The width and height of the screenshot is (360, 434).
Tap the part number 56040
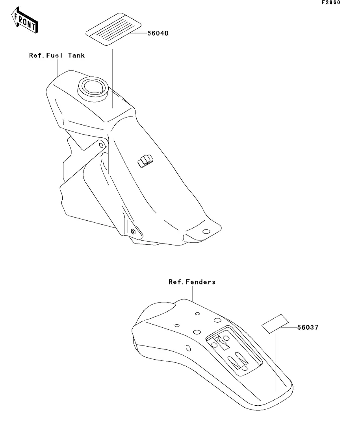point(158,33)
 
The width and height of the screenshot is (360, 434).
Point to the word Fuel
point(56,55)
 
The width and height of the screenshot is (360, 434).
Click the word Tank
point(76,55)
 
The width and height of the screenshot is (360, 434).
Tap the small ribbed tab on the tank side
point(144,160)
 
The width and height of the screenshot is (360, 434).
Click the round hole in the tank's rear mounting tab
point(205,231)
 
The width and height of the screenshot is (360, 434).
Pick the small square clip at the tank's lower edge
point(134,231)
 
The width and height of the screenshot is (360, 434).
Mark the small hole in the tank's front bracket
point(102,145)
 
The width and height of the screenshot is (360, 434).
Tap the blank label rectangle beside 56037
point(275,324)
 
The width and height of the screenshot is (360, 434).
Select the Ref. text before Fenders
point(176,282)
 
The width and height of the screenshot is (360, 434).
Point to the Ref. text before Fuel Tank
point(37,55)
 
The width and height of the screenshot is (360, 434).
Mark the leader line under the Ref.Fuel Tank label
point(58,67)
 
